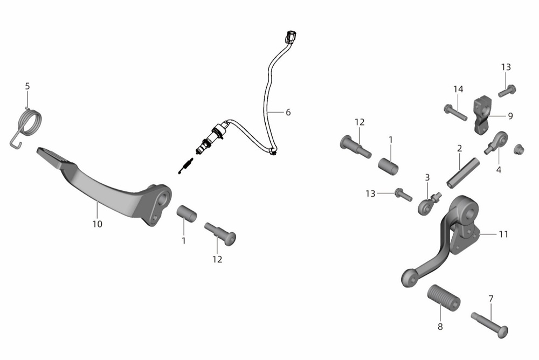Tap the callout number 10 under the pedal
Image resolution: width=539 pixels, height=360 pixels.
pyautogui.click(x=97, y=224)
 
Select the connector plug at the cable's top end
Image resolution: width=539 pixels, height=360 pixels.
pyautogui.click(x=291, y=37)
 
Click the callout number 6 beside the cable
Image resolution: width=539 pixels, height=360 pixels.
pyautogui.click(x=288, y=113)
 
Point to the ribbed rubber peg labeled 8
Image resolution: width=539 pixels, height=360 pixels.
pyautogui.click(x=444, y=298)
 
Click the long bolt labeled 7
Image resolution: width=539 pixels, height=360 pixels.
pyautogui.click(x=489, y=322)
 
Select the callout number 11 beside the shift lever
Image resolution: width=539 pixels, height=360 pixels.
pyautogui.click(x=503, y=234)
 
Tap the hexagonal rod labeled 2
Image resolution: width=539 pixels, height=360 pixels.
pyautogui.click(x=463, y=172)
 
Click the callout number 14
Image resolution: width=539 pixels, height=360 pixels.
pyautogui.click(x=458, y=89)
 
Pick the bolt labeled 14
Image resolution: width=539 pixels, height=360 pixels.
pyautogui.click(x=455, y=112)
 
